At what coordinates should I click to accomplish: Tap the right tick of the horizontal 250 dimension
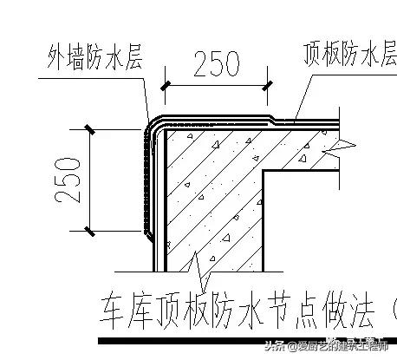pos(270,84)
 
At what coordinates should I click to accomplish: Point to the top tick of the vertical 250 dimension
pos(88,130)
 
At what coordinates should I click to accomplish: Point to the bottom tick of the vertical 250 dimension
pos(88,230)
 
